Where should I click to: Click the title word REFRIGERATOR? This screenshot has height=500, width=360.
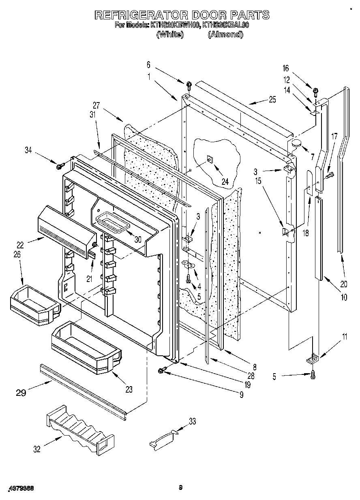[140, 15]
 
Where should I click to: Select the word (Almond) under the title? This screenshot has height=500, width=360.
[225, 34]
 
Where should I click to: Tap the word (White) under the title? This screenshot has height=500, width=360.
[170, 34]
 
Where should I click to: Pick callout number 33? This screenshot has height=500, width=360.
[192, 422]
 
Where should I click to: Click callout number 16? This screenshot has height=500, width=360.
[285, 69]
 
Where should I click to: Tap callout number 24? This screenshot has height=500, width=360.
[225, 182]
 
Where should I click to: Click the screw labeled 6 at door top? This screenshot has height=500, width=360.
[189, 85]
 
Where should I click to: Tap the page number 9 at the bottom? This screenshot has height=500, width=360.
[180, 488]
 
